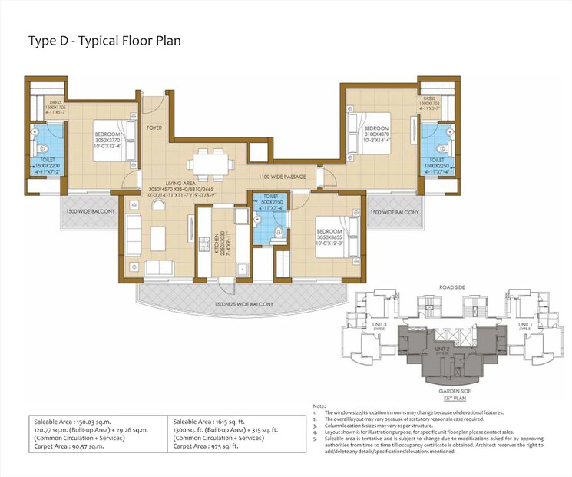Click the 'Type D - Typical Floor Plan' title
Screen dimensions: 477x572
[104, 40]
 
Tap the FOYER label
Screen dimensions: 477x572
[154, 128]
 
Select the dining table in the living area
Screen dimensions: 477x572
[209, 163]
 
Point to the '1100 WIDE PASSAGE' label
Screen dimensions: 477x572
[283, 177]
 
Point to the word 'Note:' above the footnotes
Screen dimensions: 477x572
[320, 406]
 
